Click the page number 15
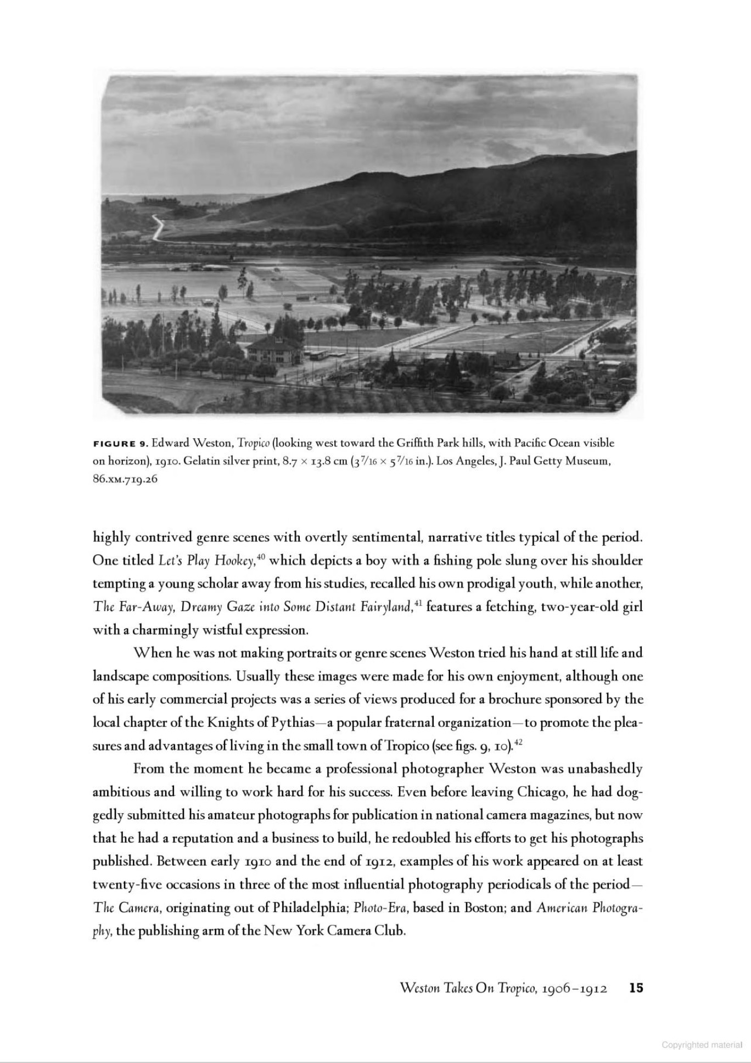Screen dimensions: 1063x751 [x=636, y=988]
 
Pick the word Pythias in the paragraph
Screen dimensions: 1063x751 [x=293, y=723]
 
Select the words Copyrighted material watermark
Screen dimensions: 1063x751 [x=702, y=1045]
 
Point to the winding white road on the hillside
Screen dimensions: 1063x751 [x=158, y=227]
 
